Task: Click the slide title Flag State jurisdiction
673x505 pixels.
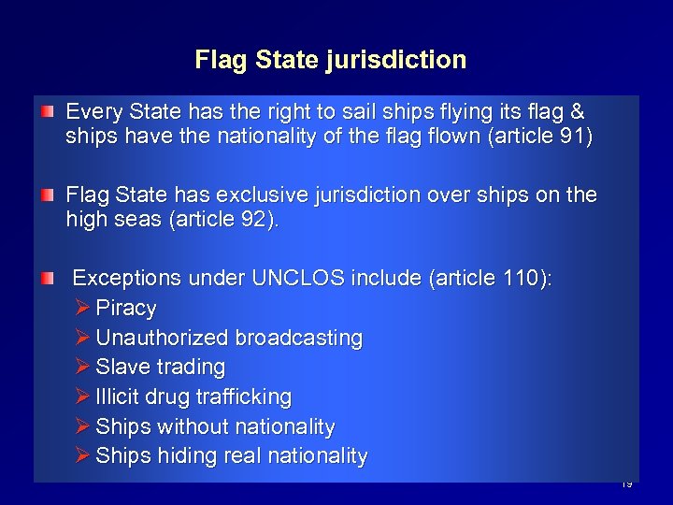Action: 330,61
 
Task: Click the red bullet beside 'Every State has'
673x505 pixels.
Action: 46,112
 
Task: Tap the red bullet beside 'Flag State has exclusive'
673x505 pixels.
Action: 46,195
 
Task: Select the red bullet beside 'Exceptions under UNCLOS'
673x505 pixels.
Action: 46,279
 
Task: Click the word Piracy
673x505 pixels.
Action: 126,308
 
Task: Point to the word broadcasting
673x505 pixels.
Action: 299,338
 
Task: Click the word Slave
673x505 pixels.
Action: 119,367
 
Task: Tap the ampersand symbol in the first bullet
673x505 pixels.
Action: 577,112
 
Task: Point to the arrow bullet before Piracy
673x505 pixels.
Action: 81,308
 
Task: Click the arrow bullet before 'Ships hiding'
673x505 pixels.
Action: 81,456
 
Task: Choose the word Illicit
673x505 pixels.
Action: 114,397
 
